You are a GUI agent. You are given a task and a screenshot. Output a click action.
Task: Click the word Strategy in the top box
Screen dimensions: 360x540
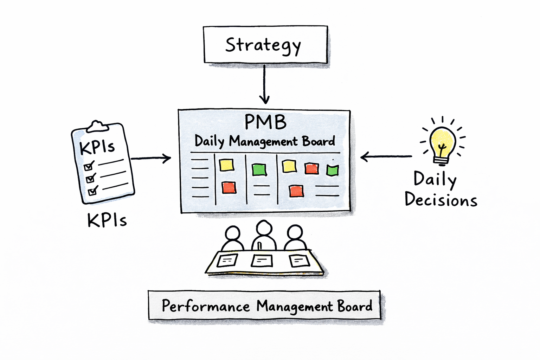(263, 45)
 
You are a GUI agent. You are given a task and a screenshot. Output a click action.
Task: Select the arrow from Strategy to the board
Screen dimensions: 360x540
(264, 84)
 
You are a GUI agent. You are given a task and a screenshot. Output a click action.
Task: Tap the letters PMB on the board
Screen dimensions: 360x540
(265, 122)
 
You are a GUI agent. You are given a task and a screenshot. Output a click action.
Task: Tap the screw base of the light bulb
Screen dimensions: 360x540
(442, 161)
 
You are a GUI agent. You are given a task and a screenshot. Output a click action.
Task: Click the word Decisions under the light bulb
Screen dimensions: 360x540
(441, 200)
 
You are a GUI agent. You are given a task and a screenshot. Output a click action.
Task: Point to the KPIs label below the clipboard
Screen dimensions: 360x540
(107, 221)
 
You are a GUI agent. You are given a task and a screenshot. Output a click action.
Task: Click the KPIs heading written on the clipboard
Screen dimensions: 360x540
(97, 147)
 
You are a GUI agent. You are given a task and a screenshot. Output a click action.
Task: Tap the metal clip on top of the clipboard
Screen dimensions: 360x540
(97, 126)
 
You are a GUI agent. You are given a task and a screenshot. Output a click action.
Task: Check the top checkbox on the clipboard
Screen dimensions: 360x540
(89, 166)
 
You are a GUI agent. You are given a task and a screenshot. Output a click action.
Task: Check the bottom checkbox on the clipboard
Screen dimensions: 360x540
(93, 191)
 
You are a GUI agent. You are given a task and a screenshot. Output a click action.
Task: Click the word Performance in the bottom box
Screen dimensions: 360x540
(206, 306)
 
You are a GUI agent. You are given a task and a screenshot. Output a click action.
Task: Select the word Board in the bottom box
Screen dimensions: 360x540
(355, 306)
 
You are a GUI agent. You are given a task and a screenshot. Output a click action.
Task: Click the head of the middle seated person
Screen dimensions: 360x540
(264, 228)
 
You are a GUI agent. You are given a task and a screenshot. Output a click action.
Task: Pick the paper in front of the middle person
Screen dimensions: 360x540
(262, 261)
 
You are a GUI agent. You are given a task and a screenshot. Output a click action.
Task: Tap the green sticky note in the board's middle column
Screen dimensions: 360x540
(259, 169)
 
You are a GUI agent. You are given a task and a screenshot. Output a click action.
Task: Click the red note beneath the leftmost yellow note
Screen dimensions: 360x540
(229, 187)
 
